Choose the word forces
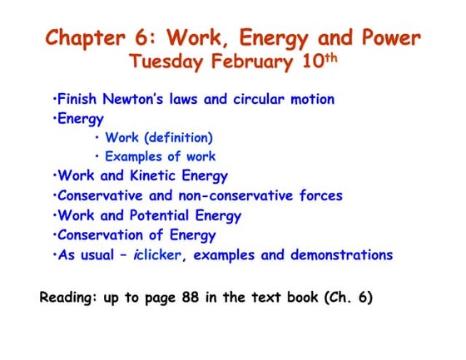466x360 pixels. tap(320, 195)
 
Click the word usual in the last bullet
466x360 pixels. tap(104, 255)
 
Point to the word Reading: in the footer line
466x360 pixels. tap(71, 296)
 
